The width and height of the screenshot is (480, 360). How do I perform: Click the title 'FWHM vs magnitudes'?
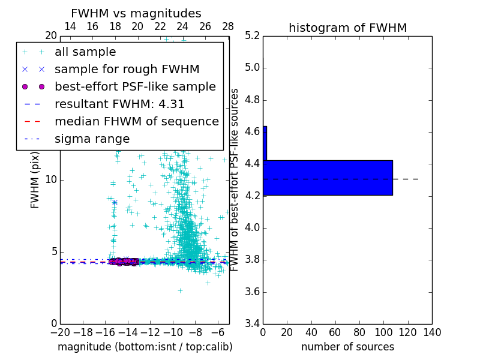tap(136, 14)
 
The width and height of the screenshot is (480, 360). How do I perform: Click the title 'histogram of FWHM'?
tap(347, 28)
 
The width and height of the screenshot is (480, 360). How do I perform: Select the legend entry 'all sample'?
tap(85, 52)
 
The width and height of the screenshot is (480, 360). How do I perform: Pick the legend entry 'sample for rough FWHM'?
tap(127, 69)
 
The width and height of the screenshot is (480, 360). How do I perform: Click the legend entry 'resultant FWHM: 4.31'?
tap(119, 104)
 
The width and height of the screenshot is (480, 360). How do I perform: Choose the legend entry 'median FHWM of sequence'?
tap(136, 121)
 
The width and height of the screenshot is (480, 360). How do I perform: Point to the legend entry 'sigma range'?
tap(92, 139)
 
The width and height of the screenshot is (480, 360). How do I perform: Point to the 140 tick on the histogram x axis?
tap(431, 332)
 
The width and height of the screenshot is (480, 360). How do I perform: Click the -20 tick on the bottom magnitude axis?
tap(60, 332)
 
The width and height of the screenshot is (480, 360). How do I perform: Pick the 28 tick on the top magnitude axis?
tap(228, 26)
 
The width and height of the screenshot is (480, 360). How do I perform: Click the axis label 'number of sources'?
tap(347, 347)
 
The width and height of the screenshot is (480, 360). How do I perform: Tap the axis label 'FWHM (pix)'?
tap(35, 180)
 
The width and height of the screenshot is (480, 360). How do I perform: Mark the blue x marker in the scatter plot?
tap(115, 202)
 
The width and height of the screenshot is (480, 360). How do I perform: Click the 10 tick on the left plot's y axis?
tap(51, 180)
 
